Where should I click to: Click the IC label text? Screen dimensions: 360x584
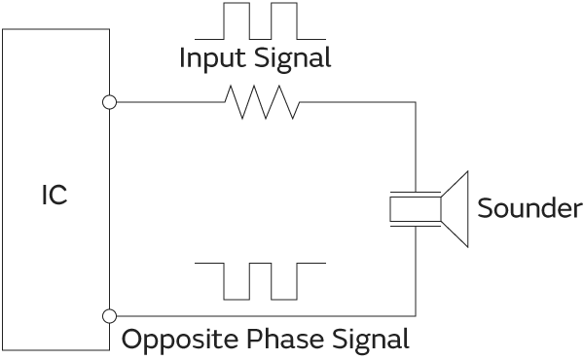pyautogui.click(x=54, y=196)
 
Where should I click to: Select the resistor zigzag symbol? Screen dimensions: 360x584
pyautogui.click(x=261, y=101)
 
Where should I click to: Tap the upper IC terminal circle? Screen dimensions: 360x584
pyautogui.click(x=109, y=102)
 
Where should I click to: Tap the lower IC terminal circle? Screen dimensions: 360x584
pyautogui.click(x=109, y=315)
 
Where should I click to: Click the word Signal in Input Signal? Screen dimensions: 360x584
pyautogui.click(x=295, y=58)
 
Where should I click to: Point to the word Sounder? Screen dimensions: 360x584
pyautogui.click(x=529, y=208)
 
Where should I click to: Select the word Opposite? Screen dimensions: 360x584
pyautogui.click(x=171, y=340)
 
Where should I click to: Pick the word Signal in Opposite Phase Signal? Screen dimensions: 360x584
pyautogui.click(x=370, y=340)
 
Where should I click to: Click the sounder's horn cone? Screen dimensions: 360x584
pyautogui.click(x=455, y=207)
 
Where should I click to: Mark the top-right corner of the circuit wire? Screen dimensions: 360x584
pyautogui.click(x=416, y=102)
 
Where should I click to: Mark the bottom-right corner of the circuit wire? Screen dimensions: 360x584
pyautogui.click(x=416, y=315)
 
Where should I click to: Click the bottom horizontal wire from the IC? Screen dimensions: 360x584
pyautogui.click(x=263, y=315)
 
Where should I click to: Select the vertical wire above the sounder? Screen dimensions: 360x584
pyautogui.click(x=416, y=146)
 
